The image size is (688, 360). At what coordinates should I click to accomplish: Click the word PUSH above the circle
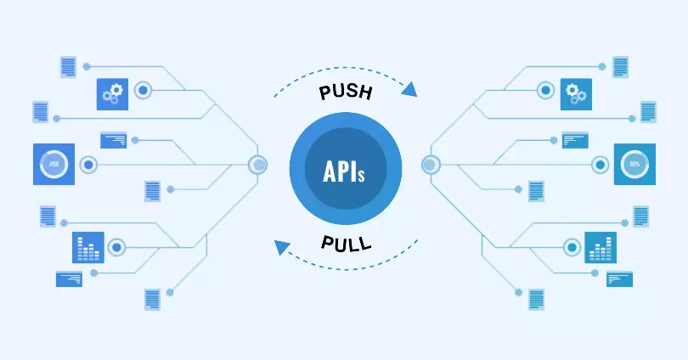(x=344, y=92)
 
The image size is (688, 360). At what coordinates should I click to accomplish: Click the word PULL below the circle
(x=346, y=244)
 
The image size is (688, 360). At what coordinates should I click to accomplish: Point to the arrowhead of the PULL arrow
(x=279, y=247)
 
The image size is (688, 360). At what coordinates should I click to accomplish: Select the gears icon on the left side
(x=112, y=93)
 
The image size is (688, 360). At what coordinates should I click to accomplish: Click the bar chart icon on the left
(x=88, y=248)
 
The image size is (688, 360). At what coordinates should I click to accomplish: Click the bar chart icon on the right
(x=601, y=248)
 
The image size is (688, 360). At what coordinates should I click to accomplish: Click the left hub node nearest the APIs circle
(x=257, y=165)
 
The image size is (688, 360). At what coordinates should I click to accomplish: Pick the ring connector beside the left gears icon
(x=143, y=90)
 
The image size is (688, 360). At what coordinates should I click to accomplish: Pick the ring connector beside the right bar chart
(x=572, y=248)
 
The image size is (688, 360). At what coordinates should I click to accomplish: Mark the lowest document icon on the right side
(x=536, y=299)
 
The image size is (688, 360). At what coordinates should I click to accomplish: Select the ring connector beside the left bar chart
(x=117, y=248)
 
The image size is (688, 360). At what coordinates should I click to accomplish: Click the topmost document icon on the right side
(x=621, y=66)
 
